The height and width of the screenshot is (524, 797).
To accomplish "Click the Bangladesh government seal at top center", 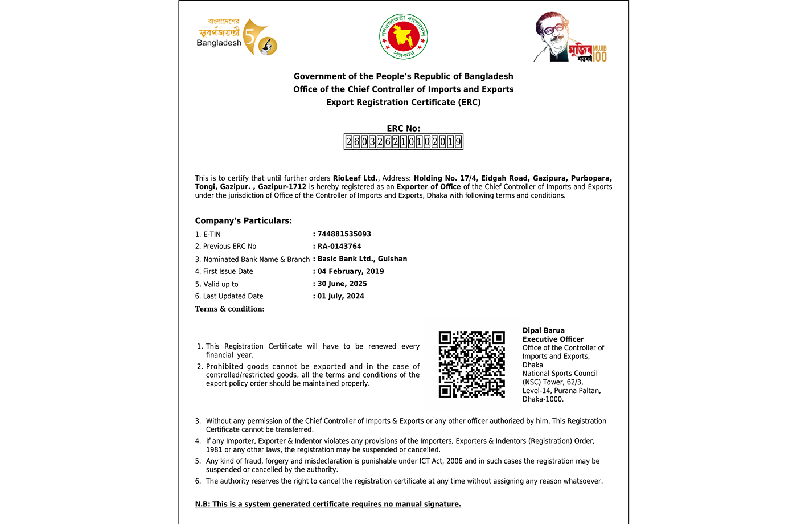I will [x=404, y=37].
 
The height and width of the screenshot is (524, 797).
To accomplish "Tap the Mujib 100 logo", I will [x=570, y=38].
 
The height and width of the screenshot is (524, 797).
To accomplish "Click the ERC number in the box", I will [x=404, y=142].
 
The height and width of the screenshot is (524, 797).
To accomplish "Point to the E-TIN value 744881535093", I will [x=344, y=234].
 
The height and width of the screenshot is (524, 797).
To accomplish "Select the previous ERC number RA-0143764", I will [x=339, y=247].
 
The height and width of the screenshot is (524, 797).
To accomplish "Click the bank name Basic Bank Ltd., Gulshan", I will [x=362, y=259].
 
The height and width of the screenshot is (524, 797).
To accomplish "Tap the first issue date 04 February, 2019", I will [x=351, y=272].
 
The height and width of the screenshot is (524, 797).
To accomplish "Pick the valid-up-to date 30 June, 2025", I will [x=342, y=284].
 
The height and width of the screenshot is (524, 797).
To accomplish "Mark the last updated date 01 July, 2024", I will [x=340, y=296].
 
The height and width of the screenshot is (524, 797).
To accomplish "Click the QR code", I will [x=471, y=365].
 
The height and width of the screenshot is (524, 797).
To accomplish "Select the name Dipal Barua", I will [x=544, y=330].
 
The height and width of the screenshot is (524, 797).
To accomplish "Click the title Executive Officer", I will [x=553, y=339].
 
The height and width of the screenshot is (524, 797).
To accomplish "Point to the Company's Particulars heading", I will [x=244, y=221].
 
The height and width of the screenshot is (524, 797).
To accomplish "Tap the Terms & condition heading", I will [x=230, y=309].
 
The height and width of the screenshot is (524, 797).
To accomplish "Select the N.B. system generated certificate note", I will [x=328, y=504].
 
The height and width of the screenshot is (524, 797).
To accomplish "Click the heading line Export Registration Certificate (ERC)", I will [x=404, y=103].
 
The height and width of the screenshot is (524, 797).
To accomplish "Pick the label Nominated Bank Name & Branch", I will [x=256, y=259].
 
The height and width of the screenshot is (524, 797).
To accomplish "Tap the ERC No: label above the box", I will [x=404, y=129].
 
